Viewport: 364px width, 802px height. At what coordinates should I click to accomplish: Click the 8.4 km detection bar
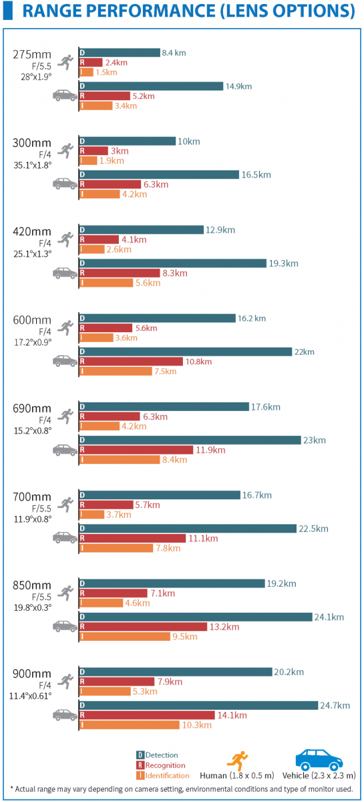click(x=120, y=53)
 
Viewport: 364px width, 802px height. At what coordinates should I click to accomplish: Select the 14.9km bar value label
click(x=238, y=86)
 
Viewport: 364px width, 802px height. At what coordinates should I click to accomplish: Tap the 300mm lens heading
click(x=32, y=143)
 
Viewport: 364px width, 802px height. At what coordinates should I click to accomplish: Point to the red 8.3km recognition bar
click(x=120, y=273)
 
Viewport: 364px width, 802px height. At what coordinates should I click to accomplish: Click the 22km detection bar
click(x=186, y=352)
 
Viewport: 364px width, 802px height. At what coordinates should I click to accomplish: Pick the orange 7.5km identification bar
click(x=116, y=372)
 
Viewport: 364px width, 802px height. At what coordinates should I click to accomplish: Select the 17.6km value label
click(x=266, y=407)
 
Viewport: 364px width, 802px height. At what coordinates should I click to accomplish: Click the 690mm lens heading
click(x=32, y=408)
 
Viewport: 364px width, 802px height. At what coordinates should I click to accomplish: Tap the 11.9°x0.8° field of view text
click(x=33, y=519)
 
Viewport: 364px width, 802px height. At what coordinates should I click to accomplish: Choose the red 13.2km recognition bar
click(x=143, y=627)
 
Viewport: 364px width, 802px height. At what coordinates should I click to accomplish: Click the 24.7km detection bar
click(x=198, y=706)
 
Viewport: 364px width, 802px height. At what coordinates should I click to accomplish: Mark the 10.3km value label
click(x=197, y=725)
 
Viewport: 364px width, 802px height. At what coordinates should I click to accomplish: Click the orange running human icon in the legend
click(x=238, y=760)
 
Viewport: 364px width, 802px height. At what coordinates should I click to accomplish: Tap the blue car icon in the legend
click(x=319, y=759)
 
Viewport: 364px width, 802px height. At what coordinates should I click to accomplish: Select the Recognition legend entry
click(x=161, y=765)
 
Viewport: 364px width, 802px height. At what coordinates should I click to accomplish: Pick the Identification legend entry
click(x=163, y=775)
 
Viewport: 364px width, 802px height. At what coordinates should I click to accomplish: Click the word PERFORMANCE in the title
click(x=152, y=11)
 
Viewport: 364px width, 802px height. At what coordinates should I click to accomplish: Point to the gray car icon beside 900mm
click(x=65, y=714)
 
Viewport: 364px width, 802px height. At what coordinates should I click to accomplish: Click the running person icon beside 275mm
click(x=65, y=63)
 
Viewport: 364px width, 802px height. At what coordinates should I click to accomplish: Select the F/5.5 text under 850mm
click(x=41, y=597)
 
